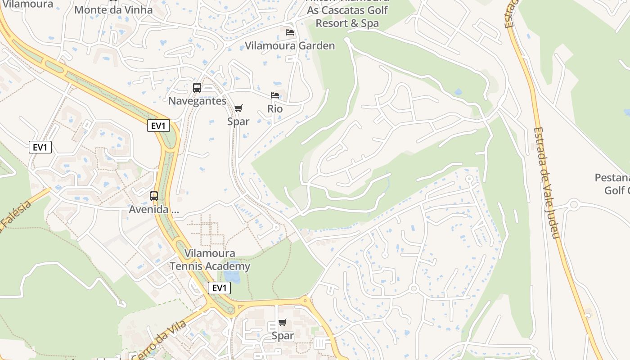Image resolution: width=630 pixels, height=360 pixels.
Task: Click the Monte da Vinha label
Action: (113, 10)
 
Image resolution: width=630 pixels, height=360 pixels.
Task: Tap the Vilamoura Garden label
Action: (290, 46)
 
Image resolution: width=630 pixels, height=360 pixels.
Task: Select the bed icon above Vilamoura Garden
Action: (290, 32)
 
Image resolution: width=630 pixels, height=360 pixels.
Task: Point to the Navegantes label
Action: (197, 101)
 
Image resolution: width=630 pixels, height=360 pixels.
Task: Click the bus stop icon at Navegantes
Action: (197, 88)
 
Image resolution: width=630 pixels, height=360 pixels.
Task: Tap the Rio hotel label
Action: (275, 109)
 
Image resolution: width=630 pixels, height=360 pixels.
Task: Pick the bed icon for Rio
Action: (275, 95)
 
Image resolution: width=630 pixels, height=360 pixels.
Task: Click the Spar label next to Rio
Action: (238, 121)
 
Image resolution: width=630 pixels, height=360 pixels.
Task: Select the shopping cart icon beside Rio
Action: (238, 108)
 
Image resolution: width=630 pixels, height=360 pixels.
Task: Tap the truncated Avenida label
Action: (154, 209)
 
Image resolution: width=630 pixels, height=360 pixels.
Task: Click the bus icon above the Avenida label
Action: (154, 196)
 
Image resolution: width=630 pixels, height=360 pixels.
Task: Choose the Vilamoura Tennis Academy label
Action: (210, 260)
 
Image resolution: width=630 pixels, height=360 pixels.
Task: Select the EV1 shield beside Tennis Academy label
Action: (219, 288)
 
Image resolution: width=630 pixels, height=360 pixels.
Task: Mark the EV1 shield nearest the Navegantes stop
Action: (158, 126)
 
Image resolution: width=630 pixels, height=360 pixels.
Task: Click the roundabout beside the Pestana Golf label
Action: (573, 205)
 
